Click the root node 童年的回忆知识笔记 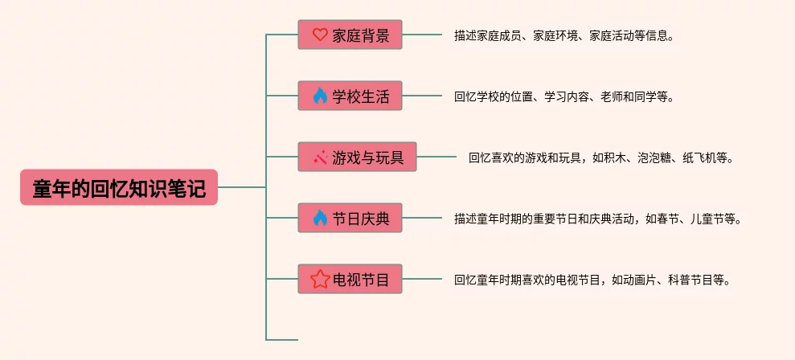pos(119,187)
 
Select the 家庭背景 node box pos(350,35)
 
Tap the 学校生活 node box pos(350,96)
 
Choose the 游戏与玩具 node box pos(357,157)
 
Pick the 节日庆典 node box pos(350,218)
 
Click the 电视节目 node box pos(350,278)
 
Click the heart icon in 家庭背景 pos(320,35)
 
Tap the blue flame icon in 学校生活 pos(320,96)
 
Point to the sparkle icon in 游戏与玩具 pos(320,157)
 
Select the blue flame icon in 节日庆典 pos(320,218)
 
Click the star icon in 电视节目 pos(320,278)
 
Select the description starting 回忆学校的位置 pos(563,97)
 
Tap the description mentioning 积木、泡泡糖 pos(601,157)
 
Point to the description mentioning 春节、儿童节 pos(598,219)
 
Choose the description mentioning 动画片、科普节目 pos(592,280)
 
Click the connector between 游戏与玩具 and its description pos(436,157)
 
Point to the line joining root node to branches pos(242,187)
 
